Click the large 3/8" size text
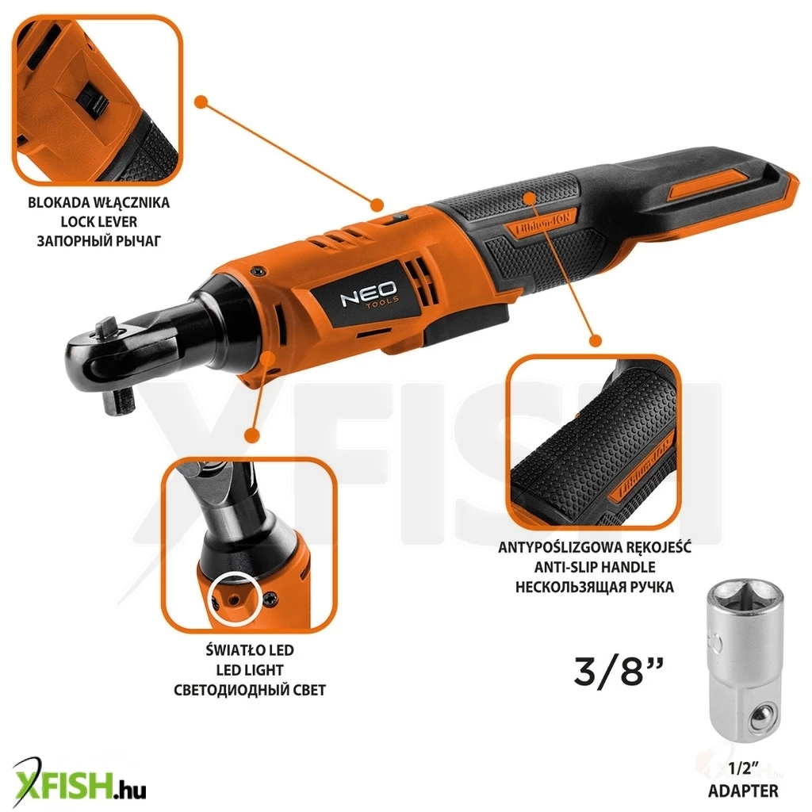coord(619,671)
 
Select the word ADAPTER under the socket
coord(743,791)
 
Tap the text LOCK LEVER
coord(99,222)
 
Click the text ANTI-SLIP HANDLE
coord(595,567)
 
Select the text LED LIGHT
coord(250,670)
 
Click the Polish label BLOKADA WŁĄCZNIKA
coord(99,202)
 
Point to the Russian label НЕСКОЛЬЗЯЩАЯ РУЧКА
coord(595,588)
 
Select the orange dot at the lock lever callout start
coord(201,101)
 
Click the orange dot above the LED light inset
coord(251,435)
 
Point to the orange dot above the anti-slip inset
coord(596,340)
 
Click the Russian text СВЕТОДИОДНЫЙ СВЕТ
coord(250,691)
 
